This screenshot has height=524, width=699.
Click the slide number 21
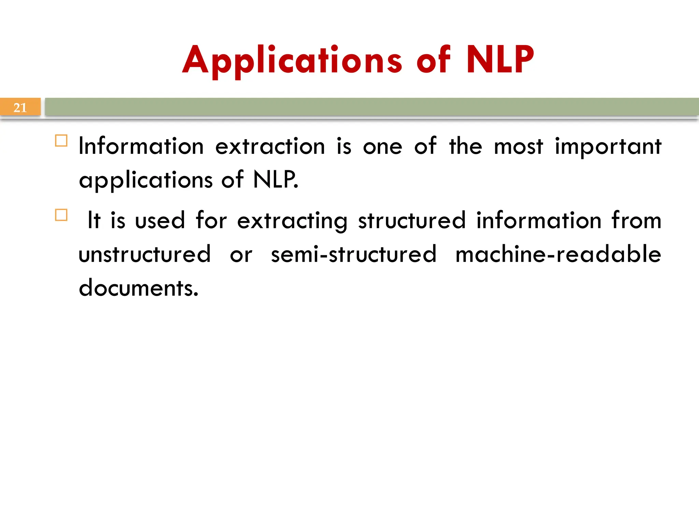20,108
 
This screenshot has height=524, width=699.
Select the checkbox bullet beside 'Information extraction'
61,141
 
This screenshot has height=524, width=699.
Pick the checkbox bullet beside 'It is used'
61,215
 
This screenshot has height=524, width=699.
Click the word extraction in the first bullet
270,147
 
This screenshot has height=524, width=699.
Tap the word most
518,147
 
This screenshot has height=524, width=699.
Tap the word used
160,220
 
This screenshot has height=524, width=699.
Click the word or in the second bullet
241,255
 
